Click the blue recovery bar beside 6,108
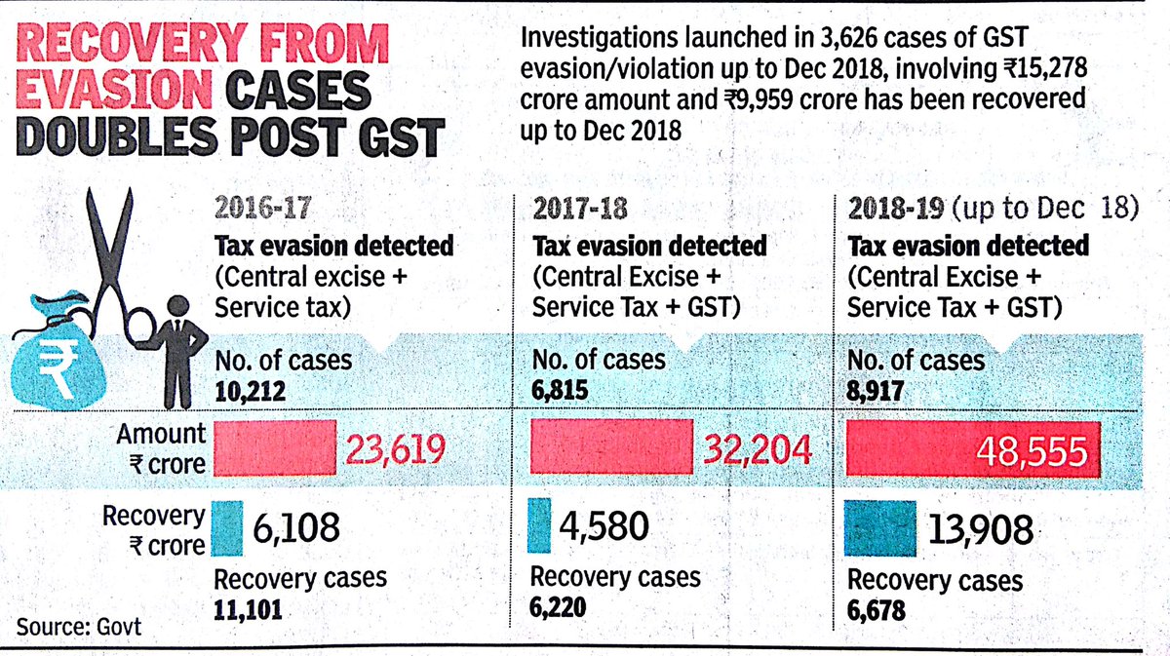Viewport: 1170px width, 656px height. coord(225,527)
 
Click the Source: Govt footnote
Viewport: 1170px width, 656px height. coord(78,625)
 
